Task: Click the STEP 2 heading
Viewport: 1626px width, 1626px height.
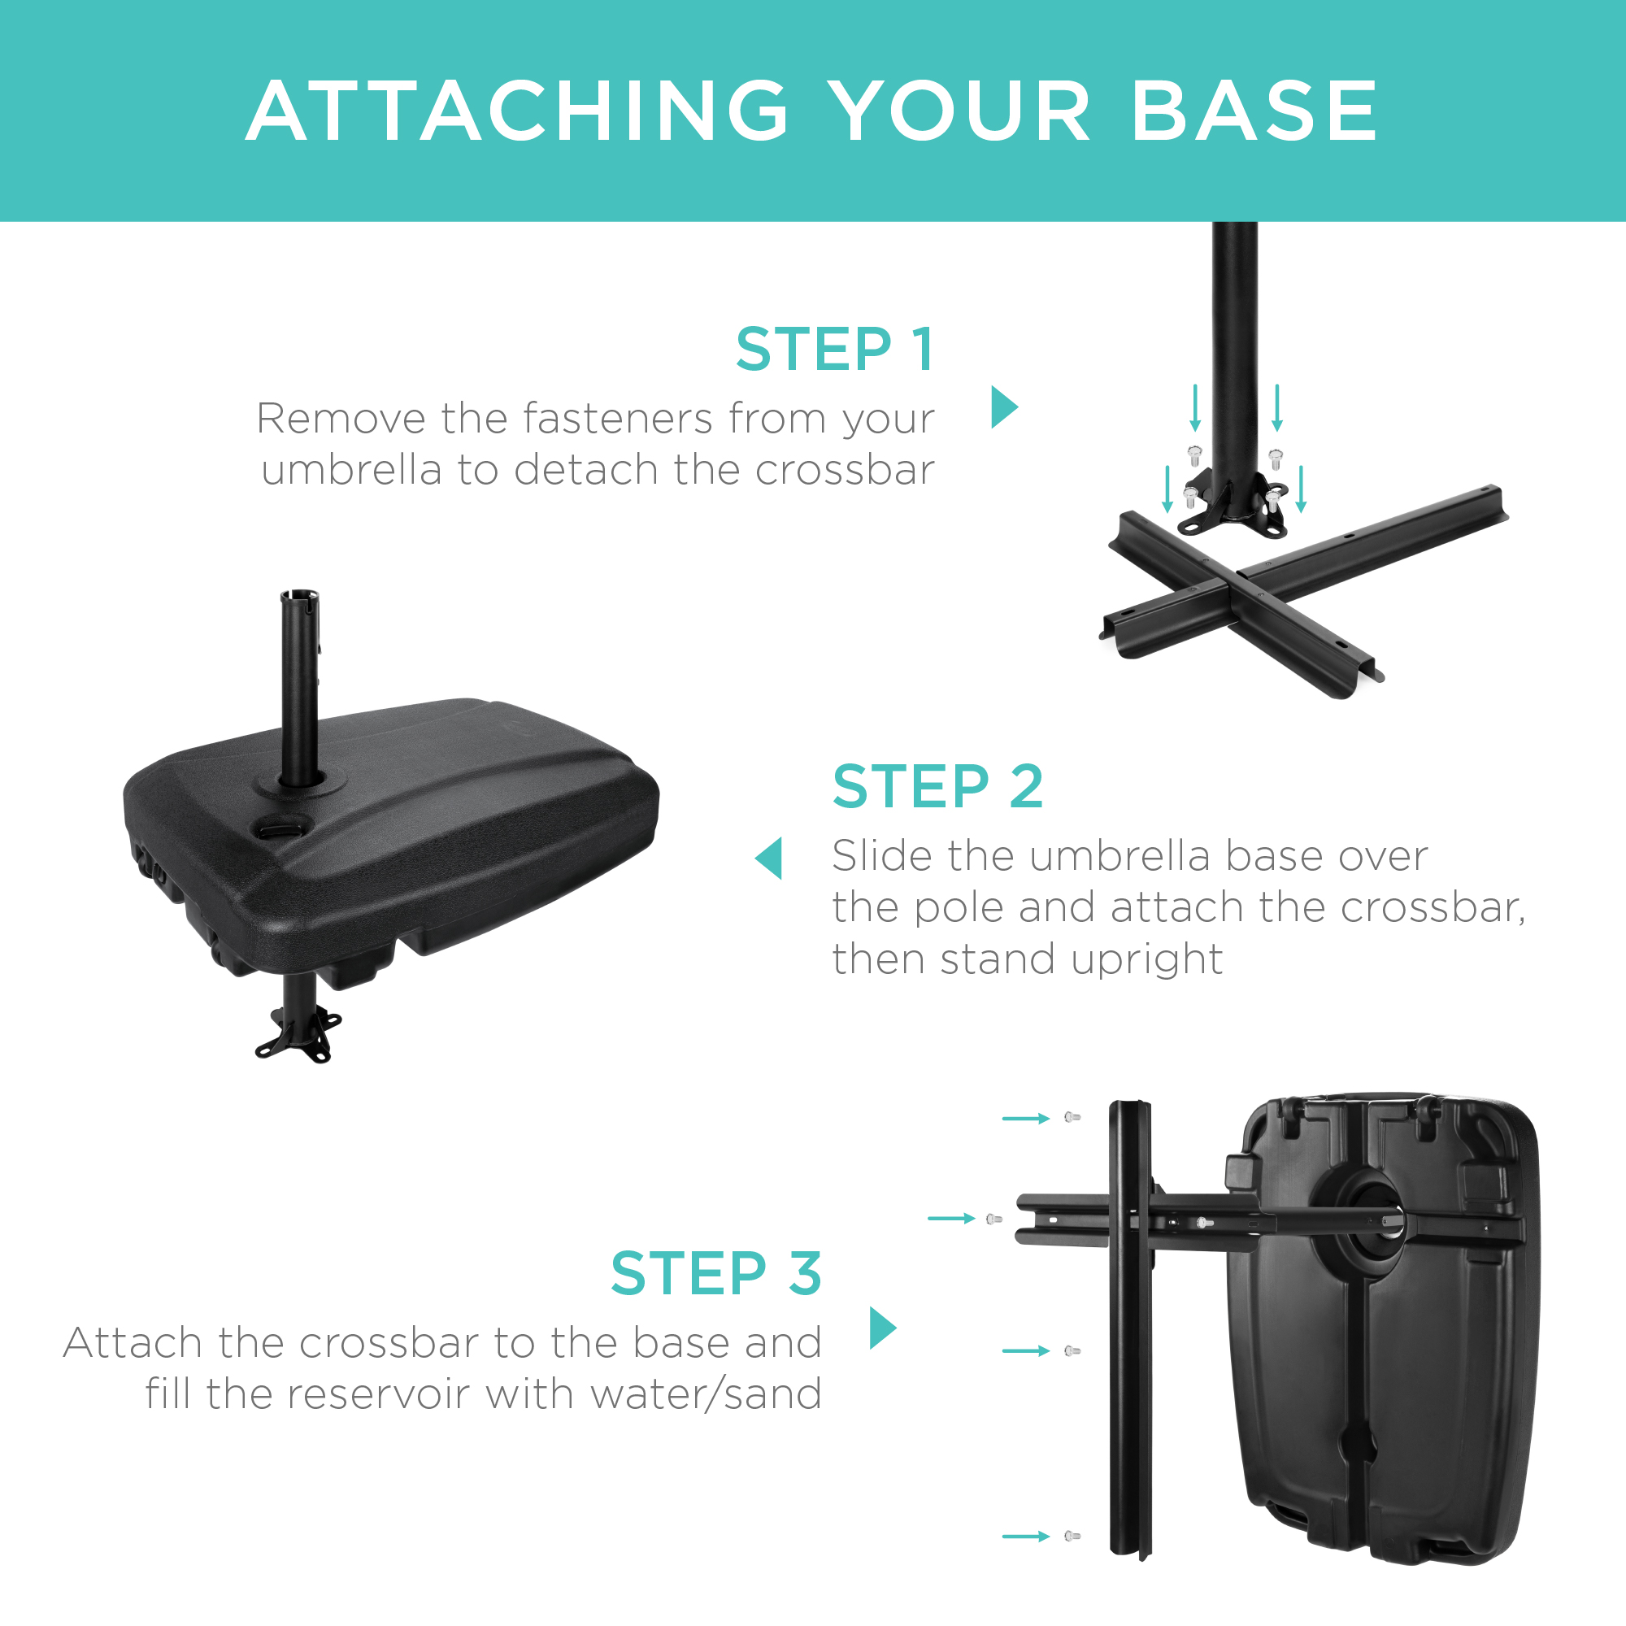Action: click(937, 786)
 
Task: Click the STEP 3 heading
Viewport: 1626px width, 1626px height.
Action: click(715, 1273)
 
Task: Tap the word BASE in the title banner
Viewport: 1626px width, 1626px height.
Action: click(1254, 111)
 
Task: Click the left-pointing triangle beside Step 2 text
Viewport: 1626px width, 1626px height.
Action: click(770, 859)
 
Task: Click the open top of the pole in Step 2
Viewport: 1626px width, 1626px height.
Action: click(300, 596)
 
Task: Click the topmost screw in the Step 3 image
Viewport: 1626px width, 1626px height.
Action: click(1072, 1118)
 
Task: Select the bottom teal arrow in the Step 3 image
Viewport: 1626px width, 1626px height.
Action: click(1025, 1536)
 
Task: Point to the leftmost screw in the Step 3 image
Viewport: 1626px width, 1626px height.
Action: click(993, 1219)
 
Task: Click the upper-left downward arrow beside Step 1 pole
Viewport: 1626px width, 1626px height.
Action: click(1195, 407)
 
